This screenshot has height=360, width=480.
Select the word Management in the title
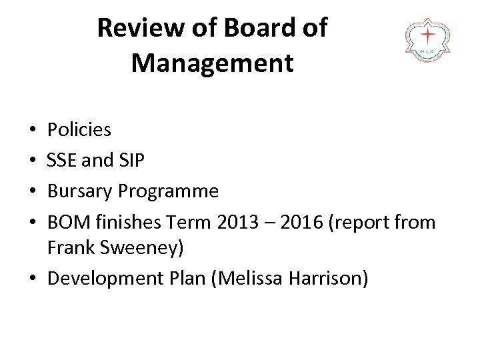212,63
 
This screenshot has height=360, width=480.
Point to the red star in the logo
427,34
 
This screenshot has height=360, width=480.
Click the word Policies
79,129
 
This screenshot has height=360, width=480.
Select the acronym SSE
63,160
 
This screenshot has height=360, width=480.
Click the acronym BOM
67,223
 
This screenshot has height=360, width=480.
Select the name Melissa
245,278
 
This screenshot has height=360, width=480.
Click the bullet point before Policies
33,130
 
